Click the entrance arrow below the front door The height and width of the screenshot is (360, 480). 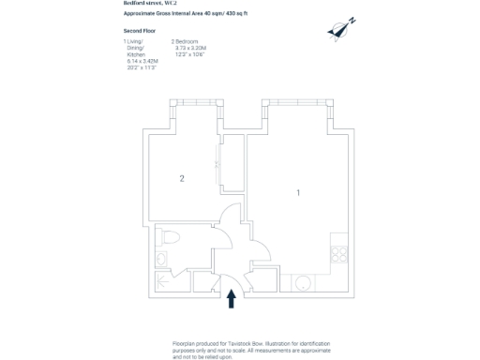[x=232, y=298]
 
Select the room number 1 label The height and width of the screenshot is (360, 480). [x=298, y=193]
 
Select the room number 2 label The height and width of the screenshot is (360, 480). [x=182, y=177]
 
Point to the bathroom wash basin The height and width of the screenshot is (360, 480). [x=160, y=259]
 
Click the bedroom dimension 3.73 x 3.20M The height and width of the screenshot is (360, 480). [x=189, y=49]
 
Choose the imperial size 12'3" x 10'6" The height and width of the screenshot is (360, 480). [x=189, y=55]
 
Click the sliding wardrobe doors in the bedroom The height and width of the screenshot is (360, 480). [x=218, y=165]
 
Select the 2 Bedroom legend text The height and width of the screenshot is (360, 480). [x=186, y=42]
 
